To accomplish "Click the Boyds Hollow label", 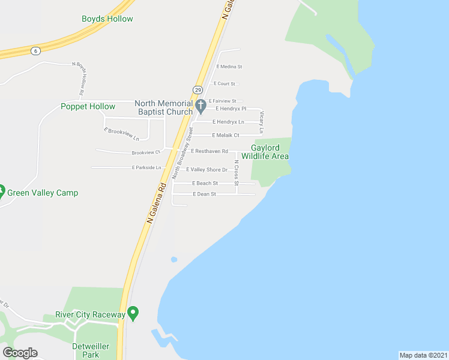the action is click(107, 19).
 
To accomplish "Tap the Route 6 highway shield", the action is click(36, 50).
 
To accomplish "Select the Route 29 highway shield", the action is click(197, 89).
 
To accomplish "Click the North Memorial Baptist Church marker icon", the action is click(202, 106).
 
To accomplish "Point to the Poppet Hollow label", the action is click(88, 107).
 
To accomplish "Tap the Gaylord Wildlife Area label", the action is click(270, 152).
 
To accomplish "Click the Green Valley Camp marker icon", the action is click(1, 193).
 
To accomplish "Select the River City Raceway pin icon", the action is click(133, 313).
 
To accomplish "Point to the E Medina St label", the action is click(229, 67).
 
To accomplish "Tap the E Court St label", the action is click(226, 84).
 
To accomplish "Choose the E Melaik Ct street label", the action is click(226, 136).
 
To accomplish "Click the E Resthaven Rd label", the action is click(209, 151).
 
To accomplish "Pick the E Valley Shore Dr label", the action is click(206, 170).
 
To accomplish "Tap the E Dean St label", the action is click(205, 194).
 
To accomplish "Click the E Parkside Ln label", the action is click(146, 167).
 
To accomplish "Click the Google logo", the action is click(20, 353).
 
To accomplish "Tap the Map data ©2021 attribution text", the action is click(423, 355).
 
